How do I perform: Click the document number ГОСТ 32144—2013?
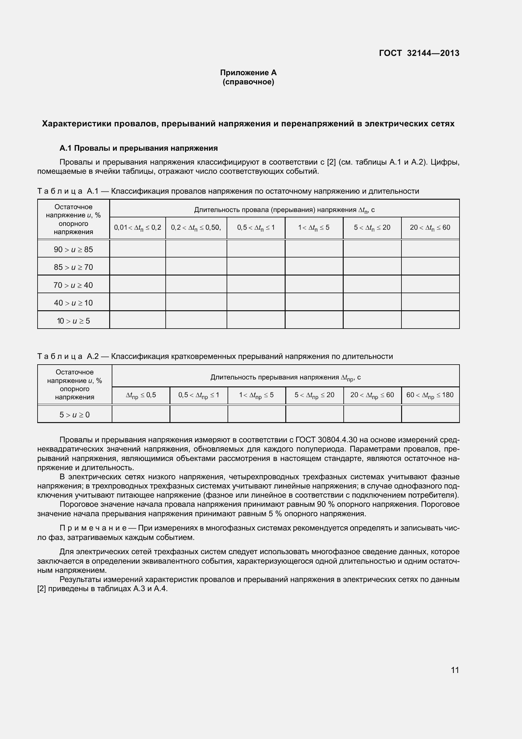pos(419,53)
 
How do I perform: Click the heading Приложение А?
pos(248,73)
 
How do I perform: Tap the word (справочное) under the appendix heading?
pos(248,82)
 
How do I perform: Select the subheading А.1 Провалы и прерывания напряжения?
pos(139,148)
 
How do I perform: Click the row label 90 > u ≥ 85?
pos(73,250)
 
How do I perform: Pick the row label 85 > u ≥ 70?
pos(73,267)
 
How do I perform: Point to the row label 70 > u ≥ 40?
pos(73,285)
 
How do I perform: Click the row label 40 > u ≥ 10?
pos(73,303)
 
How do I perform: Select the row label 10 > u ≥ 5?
pos(73,321)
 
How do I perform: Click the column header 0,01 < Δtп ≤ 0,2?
pos(138,227)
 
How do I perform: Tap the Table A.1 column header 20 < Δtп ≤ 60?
pos(430,227)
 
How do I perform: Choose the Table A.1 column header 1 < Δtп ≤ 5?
pos(314,227)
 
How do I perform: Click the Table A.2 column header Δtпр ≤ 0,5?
pos(141,395)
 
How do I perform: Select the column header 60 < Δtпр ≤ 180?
pos(430,395)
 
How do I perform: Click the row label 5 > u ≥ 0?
pos(74,415)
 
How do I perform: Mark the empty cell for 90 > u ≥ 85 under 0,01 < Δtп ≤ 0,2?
pos(138,249)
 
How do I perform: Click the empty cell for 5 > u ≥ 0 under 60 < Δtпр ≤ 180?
pos(430,414)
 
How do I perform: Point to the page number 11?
pos(455,670)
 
